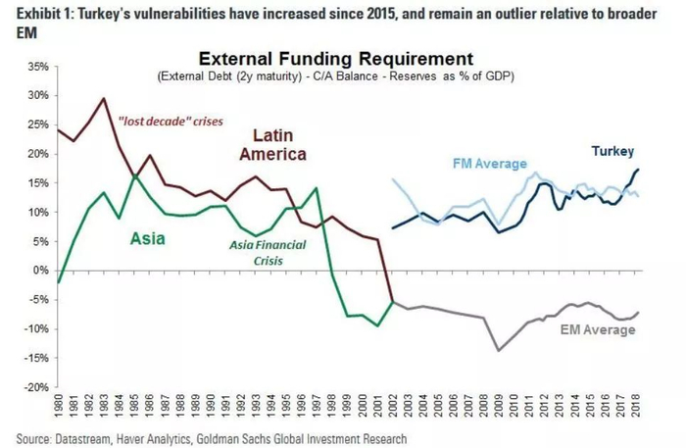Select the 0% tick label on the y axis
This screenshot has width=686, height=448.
(x=38, y=271)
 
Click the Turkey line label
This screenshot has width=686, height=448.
(x=612, y=151)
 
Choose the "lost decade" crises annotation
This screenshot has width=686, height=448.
(x=171, y=122)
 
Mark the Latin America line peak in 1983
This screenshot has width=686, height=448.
(x=105, y=98)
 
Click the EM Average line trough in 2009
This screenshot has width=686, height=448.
(x=499, y=350)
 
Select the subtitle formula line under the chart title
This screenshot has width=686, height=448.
(x=334, y=75)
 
